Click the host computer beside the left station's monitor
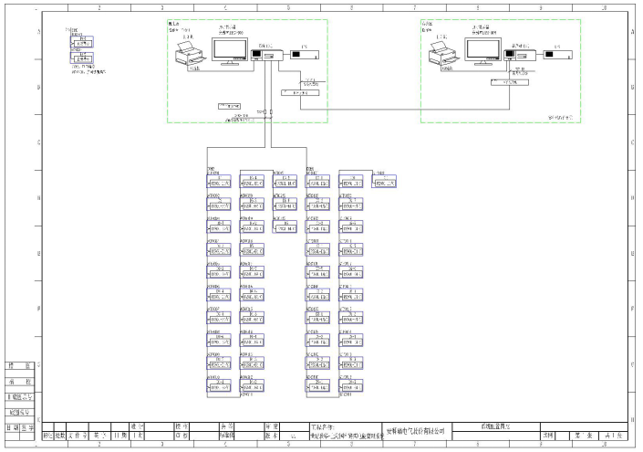tap(264, 56)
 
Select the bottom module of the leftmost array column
tap(222, 385)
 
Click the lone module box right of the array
tap(387, 184)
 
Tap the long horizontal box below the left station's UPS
tap(300, 93)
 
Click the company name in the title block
tap(421, 428)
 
